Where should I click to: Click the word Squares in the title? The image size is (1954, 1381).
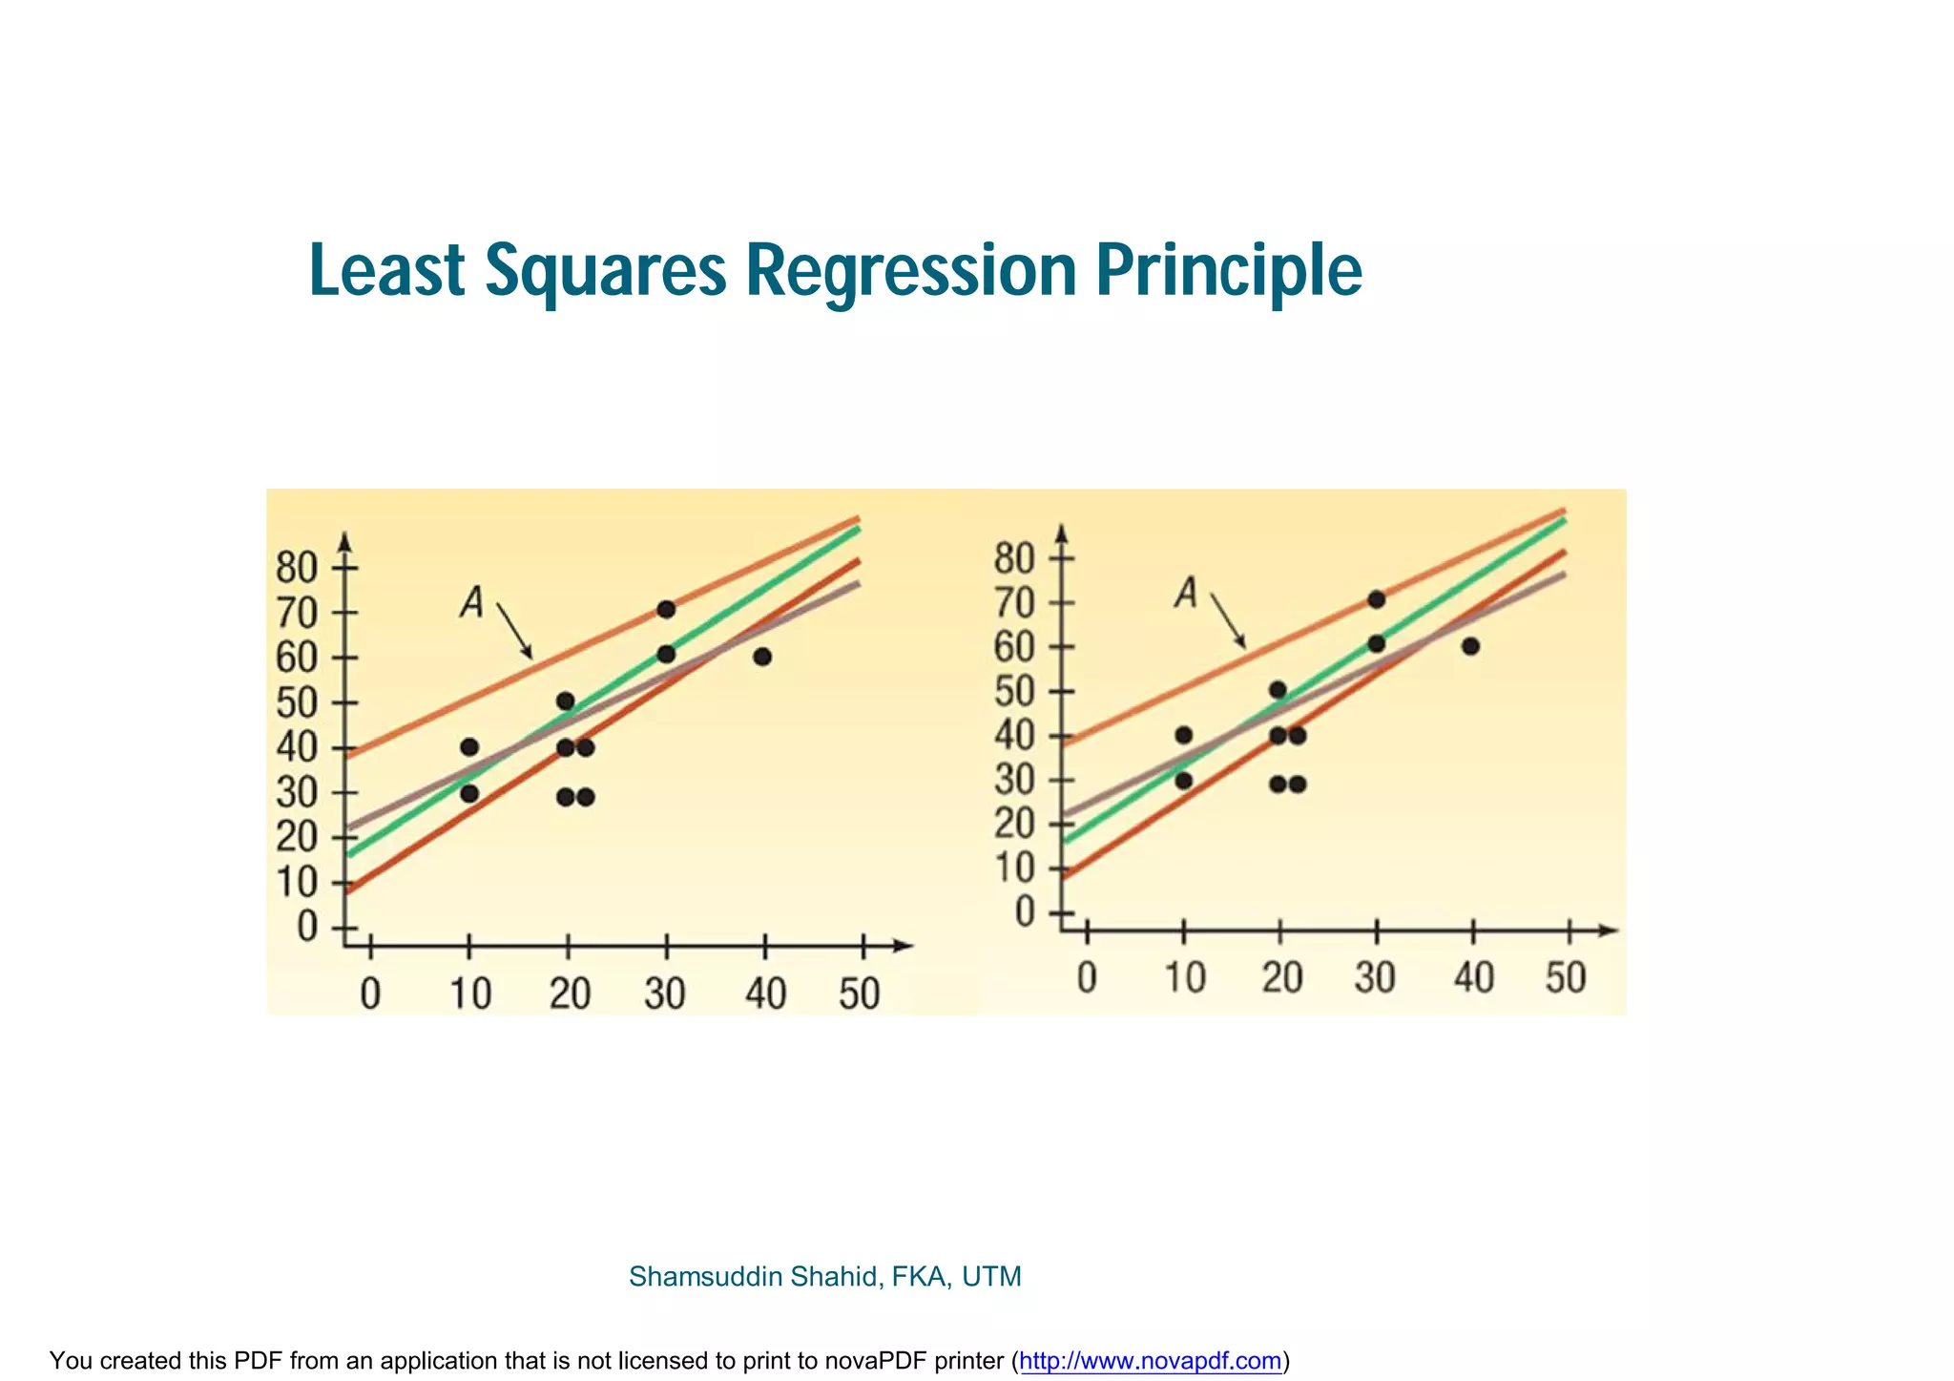(x=605, y=271)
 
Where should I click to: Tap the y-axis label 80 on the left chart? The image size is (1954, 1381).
(x=296, y=568)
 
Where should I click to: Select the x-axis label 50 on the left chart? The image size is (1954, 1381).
(x=859, y=994)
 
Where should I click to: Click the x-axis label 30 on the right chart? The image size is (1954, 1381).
(x=1375, y=978)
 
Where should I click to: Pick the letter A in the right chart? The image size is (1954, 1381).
(x=1186, y=593)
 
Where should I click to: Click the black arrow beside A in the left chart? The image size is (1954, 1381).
(x=514, y=632)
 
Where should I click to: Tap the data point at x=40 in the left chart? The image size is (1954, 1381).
(x=761, y=657)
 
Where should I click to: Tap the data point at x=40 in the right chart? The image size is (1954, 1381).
(x=1470, y=646)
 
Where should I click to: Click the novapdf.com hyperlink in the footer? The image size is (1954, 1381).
(x=1150, y=1361)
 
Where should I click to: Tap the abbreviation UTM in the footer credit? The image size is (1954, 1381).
(x=991, y=1277)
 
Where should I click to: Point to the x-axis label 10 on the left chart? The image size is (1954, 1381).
(x=470, y=994)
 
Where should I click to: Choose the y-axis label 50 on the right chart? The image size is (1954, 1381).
(x=1014, y=691)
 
